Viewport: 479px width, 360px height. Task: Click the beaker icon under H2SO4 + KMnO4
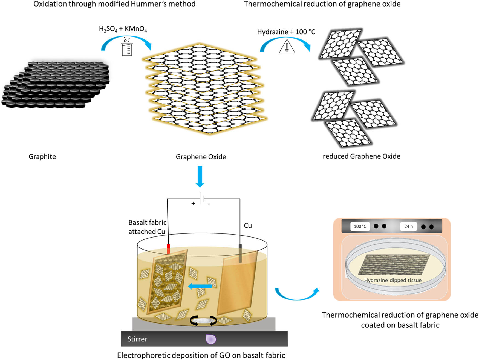127,47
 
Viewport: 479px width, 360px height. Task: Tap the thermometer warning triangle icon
287,47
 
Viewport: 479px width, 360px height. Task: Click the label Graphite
42,156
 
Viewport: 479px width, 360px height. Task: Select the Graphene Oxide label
201,157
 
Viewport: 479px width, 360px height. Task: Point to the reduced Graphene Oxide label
361,156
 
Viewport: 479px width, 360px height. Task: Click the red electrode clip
168,249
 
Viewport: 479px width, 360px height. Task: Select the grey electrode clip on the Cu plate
240,253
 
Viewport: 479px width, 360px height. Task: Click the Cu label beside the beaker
248,225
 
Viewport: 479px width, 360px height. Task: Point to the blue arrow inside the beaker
200,286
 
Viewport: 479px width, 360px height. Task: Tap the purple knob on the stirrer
211,339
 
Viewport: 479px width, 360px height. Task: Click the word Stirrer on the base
137,339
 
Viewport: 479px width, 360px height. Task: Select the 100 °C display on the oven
360,226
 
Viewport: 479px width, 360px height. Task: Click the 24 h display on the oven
408,226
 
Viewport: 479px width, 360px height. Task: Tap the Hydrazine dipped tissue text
393,280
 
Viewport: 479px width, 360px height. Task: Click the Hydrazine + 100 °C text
286,32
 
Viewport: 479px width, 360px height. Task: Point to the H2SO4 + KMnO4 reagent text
123,29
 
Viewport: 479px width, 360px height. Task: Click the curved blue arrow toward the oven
297,295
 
